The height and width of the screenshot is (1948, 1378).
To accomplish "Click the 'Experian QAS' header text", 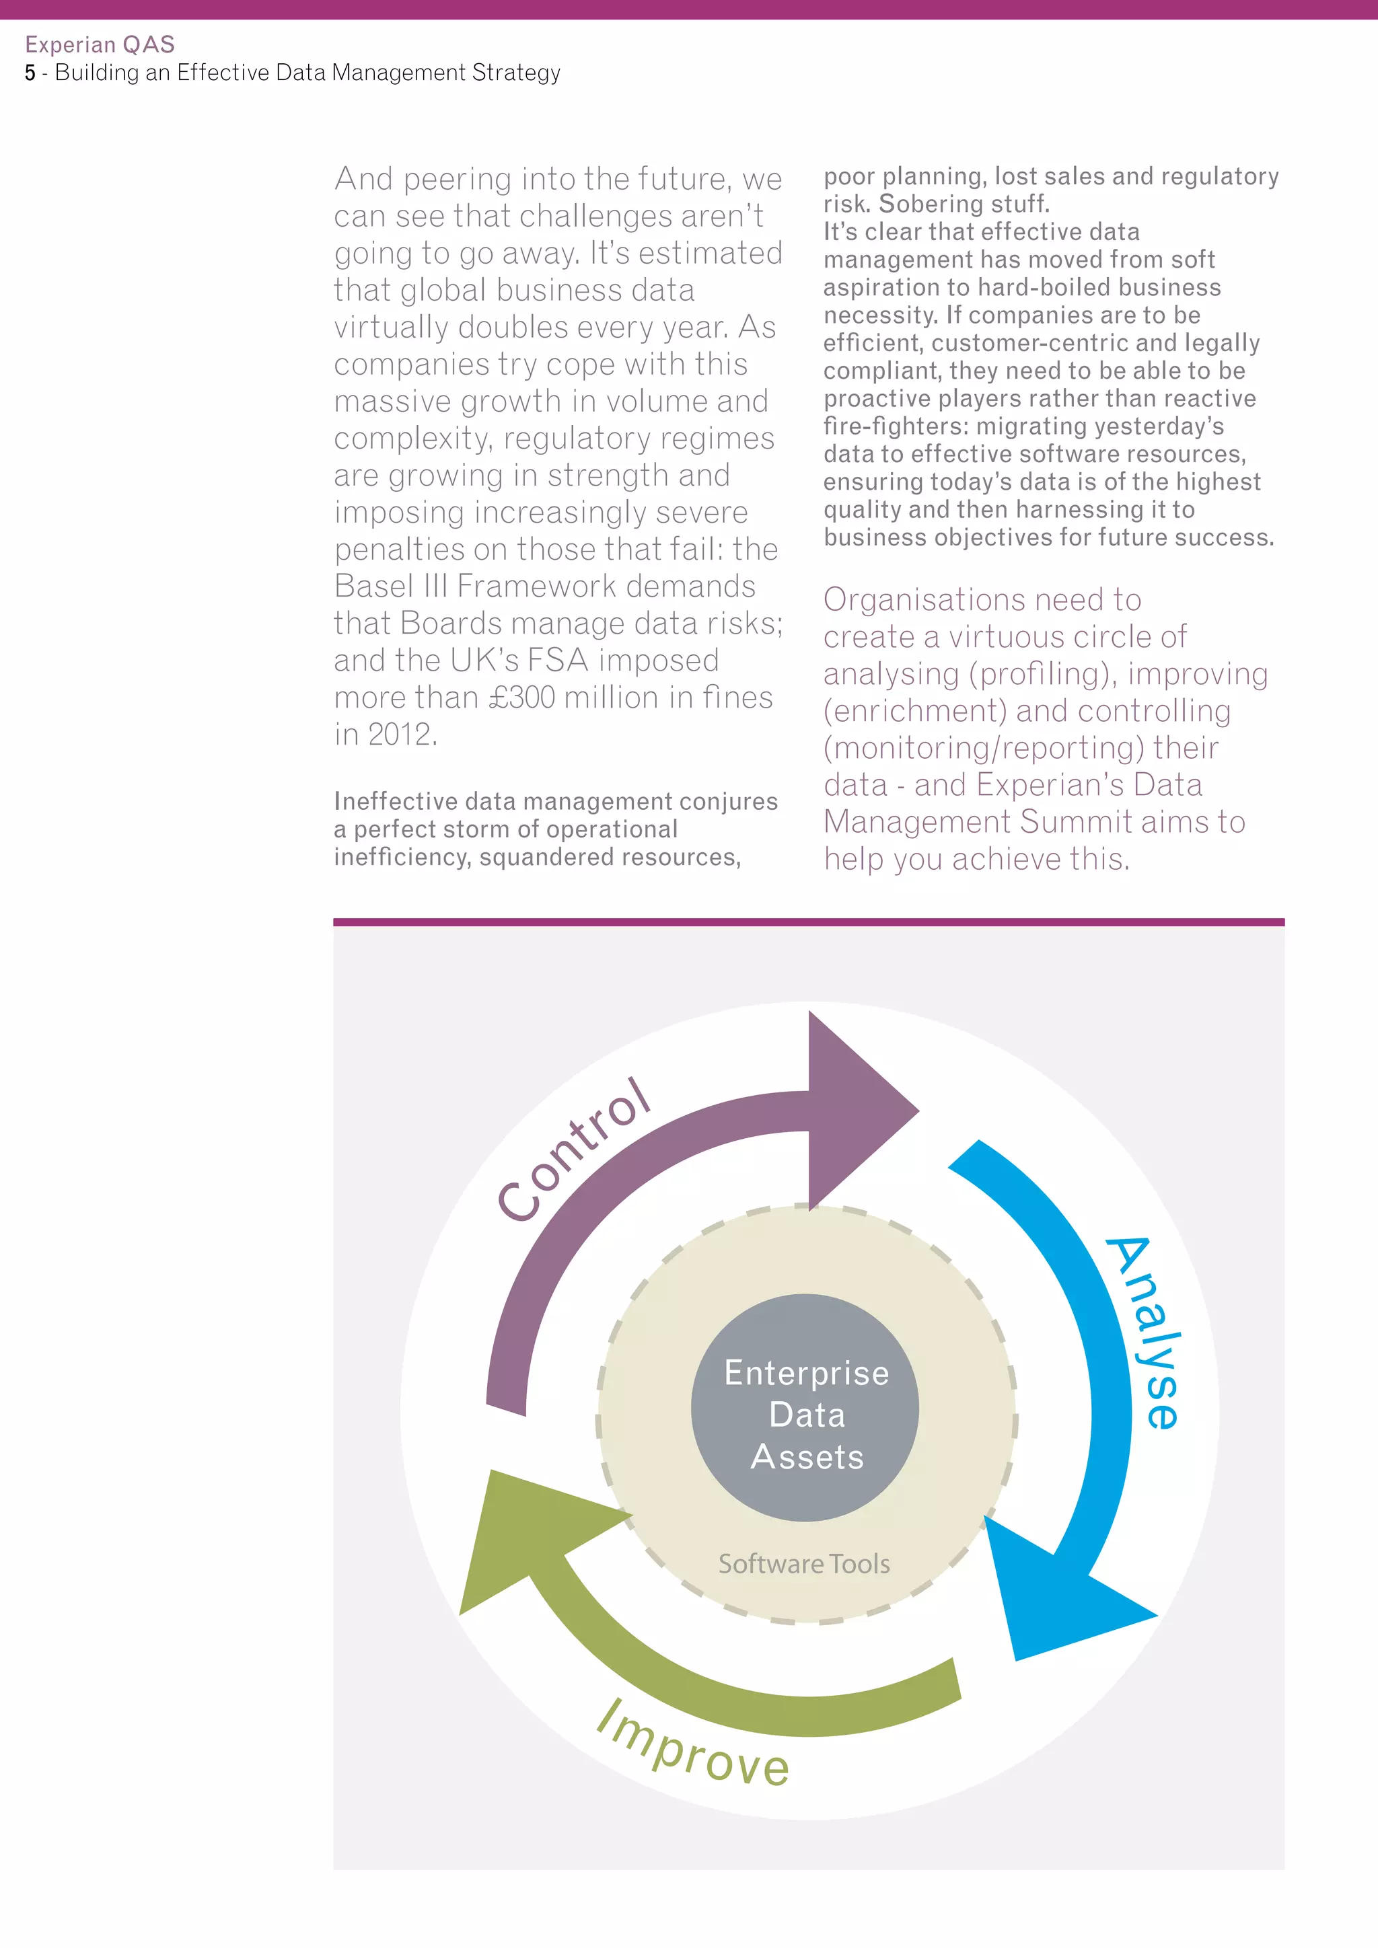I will (x=100, y=44).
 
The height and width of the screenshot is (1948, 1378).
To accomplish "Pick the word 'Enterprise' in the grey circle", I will (x=806, y=1373).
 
